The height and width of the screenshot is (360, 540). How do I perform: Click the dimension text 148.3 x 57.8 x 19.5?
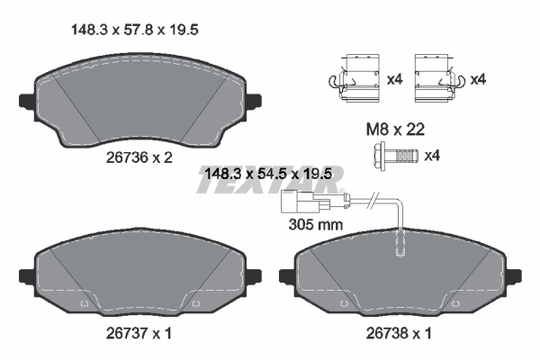pyautogui.click(x=134, y=30)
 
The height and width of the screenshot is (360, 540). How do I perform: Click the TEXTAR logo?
pyautogui.click(x=269, y=185)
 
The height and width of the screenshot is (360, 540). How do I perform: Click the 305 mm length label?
pyautogui.click(x=315, y=224)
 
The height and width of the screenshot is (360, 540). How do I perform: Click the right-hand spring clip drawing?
pyautogui.click(x=436, y=79)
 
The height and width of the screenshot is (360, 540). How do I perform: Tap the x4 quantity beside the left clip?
pyautogui.click(x=393, y=79)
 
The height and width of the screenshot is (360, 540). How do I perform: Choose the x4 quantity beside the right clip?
pyautogui.click(x=477, y=79)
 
